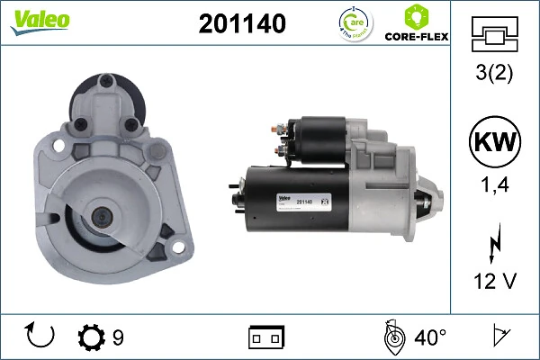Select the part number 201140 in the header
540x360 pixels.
click(242, 24)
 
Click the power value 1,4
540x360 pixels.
click(493, 186)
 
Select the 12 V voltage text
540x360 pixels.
click(493, 282)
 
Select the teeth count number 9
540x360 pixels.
click(118, 337)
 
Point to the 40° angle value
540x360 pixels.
click(430, 337)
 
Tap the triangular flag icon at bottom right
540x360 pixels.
click(497, 337)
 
